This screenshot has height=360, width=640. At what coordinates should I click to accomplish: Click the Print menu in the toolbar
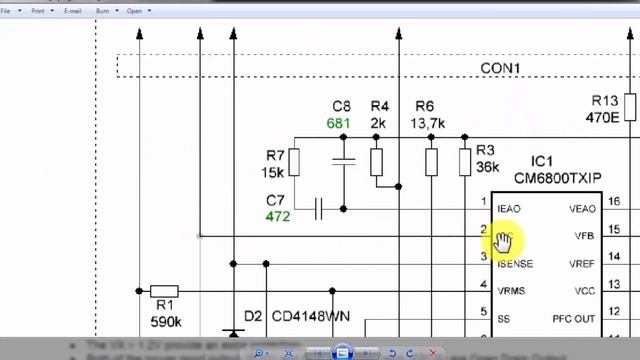(x=39, y=10)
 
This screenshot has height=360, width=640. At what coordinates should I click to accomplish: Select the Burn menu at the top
(x=103, y=10)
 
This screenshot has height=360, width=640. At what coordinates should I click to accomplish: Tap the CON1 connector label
(x=501, y=67)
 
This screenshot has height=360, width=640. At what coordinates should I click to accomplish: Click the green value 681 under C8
(x=341, y=123)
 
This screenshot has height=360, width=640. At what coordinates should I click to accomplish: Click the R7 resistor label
(x=276, y=155)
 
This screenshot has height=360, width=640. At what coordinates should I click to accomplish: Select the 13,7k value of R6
(x=427, y=123)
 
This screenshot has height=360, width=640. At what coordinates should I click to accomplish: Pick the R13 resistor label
(x=605, y=100)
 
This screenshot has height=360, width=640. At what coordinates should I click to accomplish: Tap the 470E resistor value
(x=602, y=117)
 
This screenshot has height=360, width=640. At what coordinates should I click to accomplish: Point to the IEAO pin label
(x=508, y=208)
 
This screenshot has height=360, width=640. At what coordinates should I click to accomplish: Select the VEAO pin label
(x=581, y=208)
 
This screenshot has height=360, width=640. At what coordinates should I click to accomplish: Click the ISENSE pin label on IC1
(x=515, y=264)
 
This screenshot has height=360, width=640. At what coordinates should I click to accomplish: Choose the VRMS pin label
(x=511, y=291)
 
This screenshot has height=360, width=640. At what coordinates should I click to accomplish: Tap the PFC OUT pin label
(x=573, y=319)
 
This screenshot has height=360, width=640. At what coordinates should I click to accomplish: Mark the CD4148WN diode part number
(x=311, y=316)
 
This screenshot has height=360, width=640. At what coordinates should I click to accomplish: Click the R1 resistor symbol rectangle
(x=164, y=292)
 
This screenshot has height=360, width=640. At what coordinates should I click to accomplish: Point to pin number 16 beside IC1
(x=613, y=202)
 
